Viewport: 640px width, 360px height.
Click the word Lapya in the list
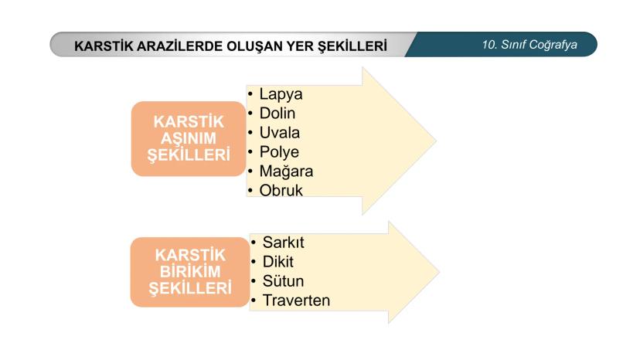click(281, 95)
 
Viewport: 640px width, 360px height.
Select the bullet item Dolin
click(277, 114)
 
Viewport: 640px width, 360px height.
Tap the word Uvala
click(280, 133)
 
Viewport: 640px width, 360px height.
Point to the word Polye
click(279, 152)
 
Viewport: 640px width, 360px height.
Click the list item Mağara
click(286, 171)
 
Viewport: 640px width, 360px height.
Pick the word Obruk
click(281, 191)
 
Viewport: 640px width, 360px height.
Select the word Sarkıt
click(283, 243)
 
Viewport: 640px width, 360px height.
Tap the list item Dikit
click(278, 262)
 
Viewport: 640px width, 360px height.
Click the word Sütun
click(283, 281)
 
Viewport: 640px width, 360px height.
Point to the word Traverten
click(296, 301)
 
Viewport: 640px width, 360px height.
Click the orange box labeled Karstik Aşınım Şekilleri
click(189, 139)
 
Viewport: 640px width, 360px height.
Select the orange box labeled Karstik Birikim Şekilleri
click(190, 272)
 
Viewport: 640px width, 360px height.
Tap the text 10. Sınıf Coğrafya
click(529, 45)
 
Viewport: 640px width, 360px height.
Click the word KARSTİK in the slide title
click(104, 46)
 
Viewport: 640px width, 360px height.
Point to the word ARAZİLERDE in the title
click(179, 46)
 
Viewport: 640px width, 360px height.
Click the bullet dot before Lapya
click(250, 94)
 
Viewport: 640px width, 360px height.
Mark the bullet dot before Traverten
click(254, 301)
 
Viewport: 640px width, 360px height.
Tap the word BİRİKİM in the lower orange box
click(190, 271)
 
